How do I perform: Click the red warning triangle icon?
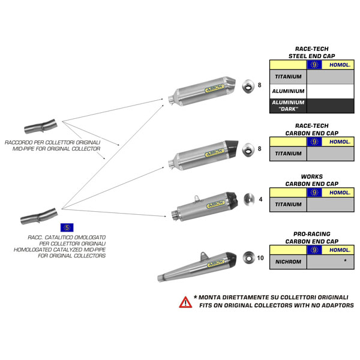pos(186,302)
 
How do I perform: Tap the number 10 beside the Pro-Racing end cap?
pos(260,259)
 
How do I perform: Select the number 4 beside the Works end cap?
pos(260,199)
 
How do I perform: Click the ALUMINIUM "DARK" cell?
pos(289,106)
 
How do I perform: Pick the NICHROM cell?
pos(288,262)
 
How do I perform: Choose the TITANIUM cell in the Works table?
pos(288,205)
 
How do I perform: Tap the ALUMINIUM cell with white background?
pos(289,91)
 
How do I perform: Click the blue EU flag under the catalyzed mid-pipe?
pos(67,227)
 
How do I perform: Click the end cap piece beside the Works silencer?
pos(247,201)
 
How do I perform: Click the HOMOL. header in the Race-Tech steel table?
pos(339,65)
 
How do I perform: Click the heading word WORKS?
pos(312,177)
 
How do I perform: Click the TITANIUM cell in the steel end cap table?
pos(288,77)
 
